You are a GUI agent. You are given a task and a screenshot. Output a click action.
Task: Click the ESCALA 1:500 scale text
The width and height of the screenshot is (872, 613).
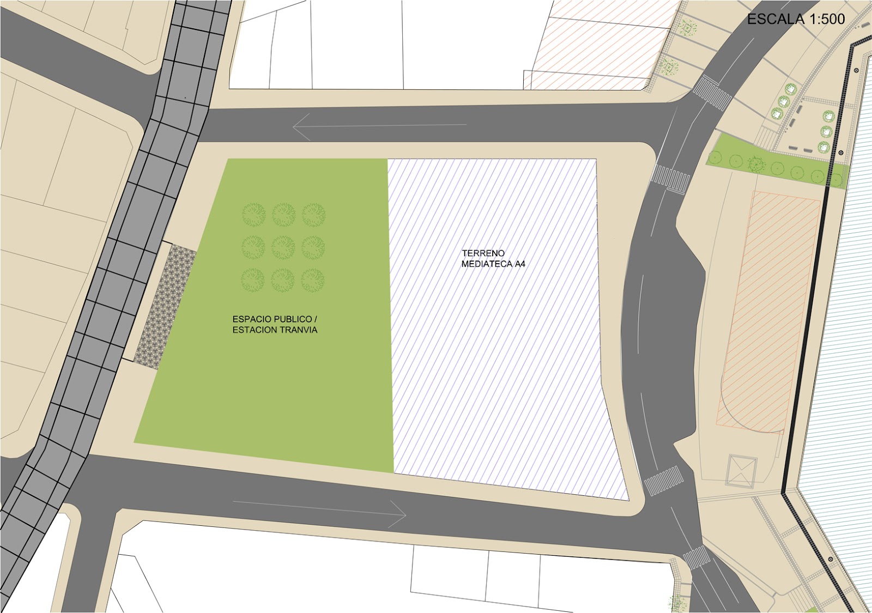coord(795,19)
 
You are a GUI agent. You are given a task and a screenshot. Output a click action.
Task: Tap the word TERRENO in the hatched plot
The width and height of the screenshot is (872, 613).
coord(483,253)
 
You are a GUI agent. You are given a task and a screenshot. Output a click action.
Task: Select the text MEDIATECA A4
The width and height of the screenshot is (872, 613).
coord(493,264)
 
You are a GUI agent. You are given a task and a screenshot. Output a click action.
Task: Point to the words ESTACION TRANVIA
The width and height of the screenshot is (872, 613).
coord(275,330)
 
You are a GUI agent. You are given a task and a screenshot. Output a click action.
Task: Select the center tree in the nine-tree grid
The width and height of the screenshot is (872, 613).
coord(283,247)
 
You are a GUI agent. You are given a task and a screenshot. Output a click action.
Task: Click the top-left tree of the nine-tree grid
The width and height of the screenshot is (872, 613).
coord(253,215)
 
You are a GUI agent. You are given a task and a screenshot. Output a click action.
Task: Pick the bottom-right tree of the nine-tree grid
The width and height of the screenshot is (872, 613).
coord(313,280)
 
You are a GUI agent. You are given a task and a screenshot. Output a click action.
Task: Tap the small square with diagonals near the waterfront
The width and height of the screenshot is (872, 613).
coord(741,471)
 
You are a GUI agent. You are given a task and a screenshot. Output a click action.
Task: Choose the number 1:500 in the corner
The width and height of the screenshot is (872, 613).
coord(827,19)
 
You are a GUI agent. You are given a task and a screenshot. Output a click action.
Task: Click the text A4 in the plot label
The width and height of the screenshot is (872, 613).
coord(520,264)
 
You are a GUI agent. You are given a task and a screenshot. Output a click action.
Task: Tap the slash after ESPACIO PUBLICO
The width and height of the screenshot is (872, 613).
coord(316,319)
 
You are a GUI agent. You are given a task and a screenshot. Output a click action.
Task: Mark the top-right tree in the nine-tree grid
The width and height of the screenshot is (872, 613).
coord(313,215)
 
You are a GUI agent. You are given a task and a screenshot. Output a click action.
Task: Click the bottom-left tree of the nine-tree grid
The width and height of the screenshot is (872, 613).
coord(253,280)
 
